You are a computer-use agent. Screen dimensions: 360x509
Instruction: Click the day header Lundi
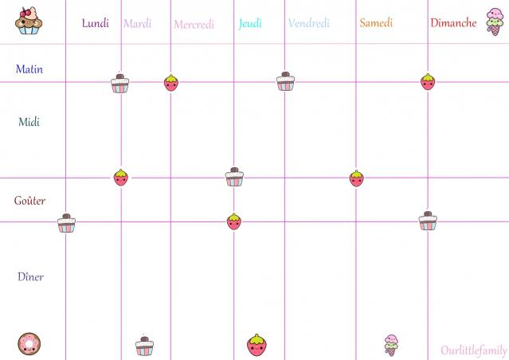[96, 23]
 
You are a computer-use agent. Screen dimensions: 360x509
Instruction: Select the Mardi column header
[137, 23]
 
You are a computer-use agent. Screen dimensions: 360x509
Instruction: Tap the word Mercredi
[194, 25]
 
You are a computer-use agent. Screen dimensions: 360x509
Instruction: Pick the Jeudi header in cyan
[250, 23]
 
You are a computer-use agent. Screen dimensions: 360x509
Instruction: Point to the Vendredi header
[309, 23]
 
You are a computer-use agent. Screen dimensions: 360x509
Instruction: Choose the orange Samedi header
[376, 23]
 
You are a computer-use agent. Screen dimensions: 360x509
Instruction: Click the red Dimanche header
[453, 23]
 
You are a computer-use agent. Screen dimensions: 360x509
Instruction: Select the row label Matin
[29, 69]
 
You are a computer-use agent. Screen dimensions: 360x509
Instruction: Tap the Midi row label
[29, 122]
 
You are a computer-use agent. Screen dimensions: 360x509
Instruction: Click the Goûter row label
[30, 201]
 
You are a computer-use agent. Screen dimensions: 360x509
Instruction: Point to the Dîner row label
[30, 276]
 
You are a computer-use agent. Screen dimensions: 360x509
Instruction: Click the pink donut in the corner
[29, 344]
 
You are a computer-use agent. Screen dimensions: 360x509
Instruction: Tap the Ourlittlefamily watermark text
[474, 350]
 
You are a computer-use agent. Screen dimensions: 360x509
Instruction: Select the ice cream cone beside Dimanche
[495, 24]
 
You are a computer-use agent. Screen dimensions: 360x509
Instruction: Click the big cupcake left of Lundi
[29, 22]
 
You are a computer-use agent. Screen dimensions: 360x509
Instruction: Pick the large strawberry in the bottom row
[256, 345]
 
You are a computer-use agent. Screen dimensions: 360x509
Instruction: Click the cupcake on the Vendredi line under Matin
[286, 81]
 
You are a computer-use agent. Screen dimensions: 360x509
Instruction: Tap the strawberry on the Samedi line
[356, 178]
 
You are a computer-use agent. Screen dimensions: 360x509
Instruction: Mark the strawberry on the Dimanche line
[428, 81]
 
